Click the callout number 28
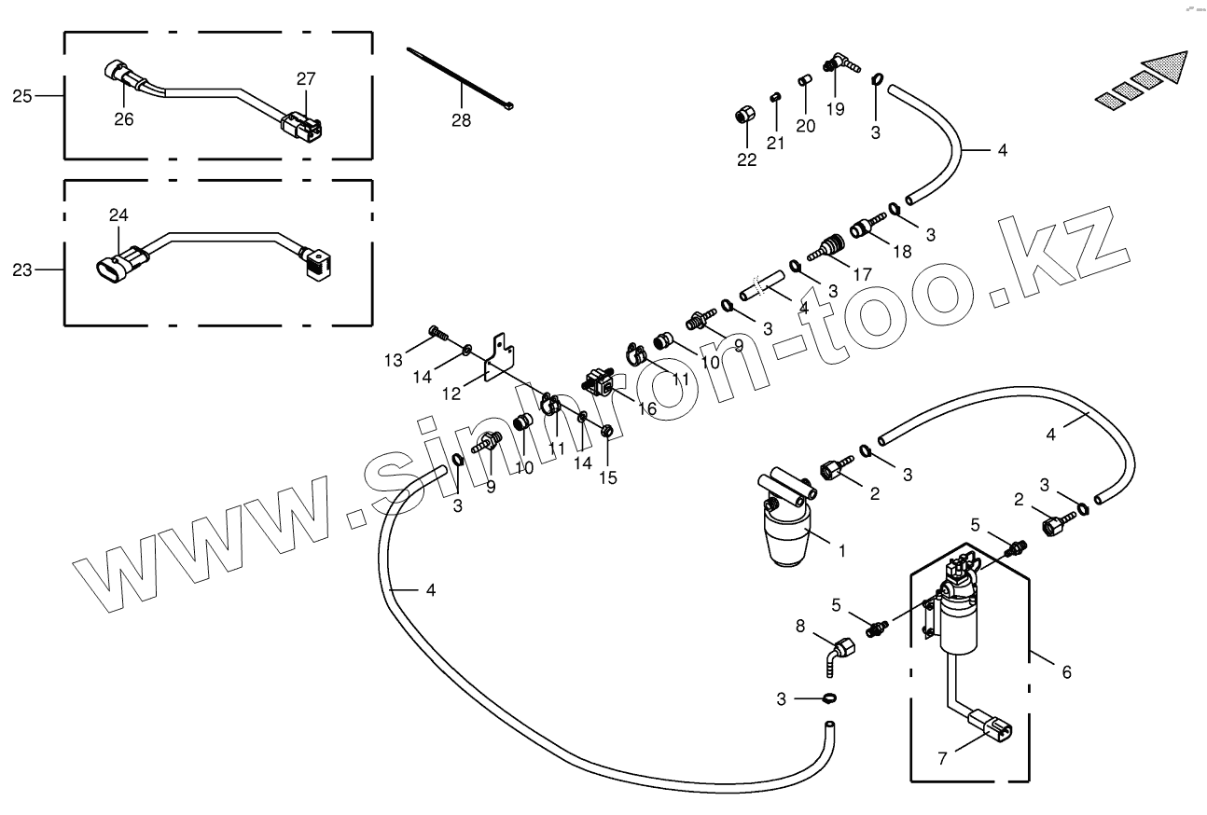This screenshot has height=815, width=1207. (x=461, y=120)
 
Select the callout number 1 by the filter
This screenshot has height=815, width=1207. (x=841, y=551)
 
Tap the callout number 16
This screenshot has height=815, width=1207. (x=646, y=408)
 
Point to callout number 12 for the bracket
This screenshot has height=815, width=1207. (x=451, y=394)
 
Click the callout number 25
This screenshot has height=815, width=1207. (x=22, y=95)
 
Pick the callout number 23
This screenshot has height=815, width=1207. (x=22, y=270)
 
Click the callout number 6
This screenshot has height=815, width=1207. (x=1066, y=671)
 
